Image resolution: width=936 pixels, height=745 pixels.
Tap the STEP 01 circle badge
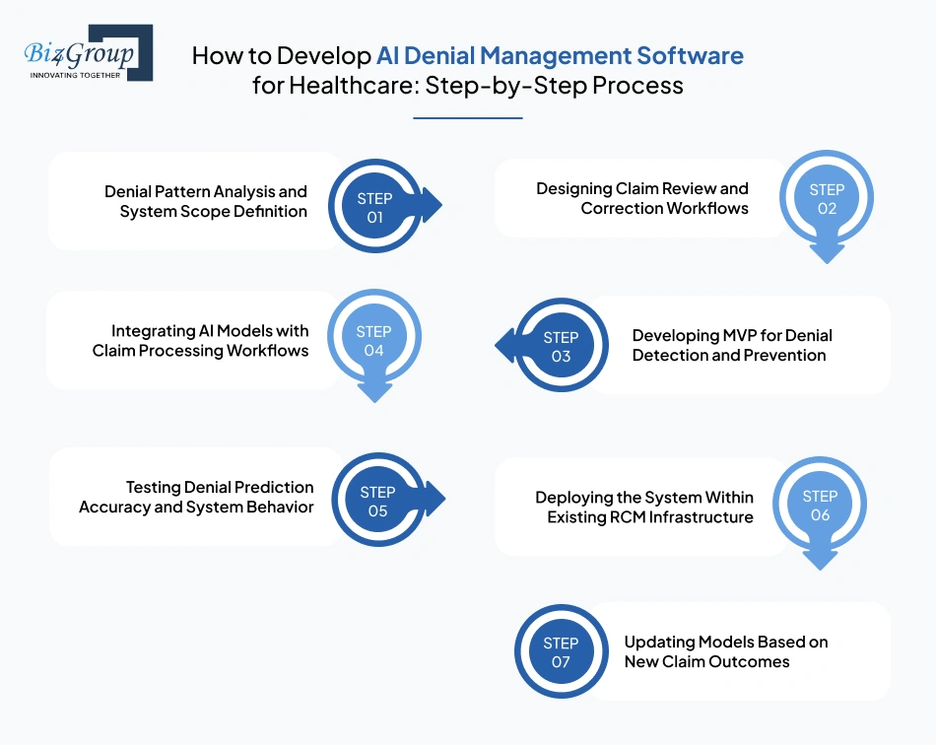[374, 208]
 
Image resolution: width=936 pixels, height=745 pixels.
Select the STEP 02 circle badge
[827, 198]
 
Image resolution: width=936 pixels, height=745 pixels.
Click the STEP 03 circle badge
[561, 346]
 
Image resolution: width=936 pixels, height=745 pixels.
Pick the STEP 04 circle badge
[374, 340]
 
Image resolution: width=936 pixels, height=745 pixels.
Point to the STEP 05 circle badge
[377, 501]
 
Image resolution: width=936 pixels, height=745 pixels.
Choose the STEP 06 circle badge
[820, 506]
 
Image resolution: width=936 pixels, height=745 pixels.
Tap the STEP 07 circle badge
[561, 651]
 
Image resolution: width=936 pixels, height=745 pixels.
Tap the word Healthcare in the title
[348, 86]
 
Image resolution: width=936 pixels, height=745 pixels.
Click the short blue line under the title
[467, 118]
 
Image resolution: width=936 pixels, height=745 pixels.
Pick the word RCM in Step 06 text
[625, 516]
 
